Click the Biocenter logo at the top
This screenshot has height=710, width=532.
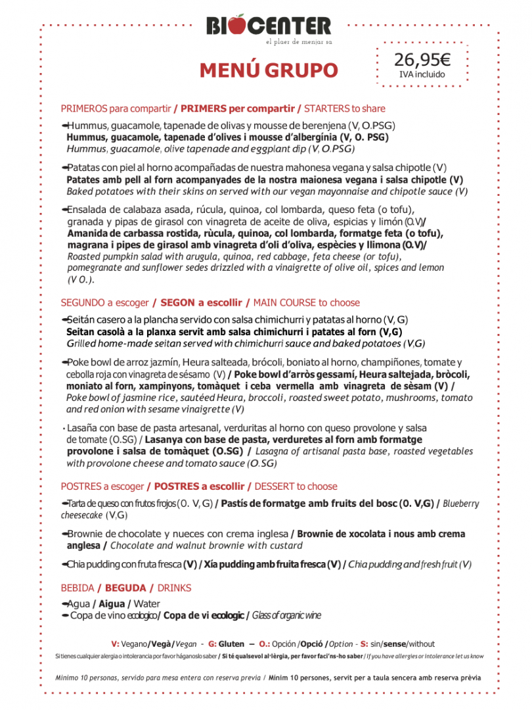269,27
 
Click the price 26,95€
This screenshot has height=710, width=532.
422,60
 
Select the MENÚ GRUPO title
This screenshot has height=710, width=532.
269,70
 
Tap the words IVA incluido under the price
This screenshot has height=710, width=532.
422,75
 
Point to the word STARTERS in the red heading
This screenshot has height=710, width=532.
326,108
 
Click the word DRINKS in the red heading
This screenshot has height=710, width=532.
174,587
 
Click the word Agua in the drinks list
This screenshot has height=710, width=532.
79,603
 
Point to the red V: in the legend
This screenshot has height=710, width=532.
115,644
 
